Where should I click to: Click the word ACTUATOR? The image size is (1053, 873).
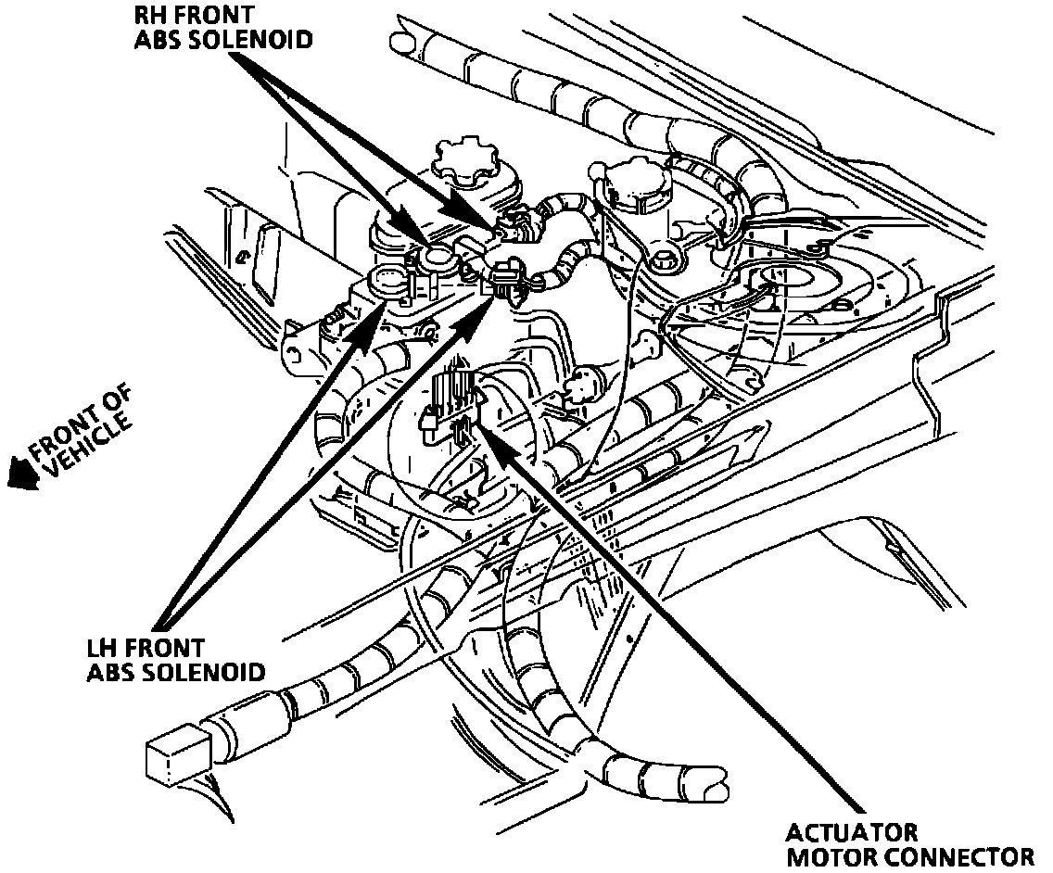click(852, 831)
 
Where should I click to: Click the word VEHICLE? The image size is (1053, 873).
click(88, 446)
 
